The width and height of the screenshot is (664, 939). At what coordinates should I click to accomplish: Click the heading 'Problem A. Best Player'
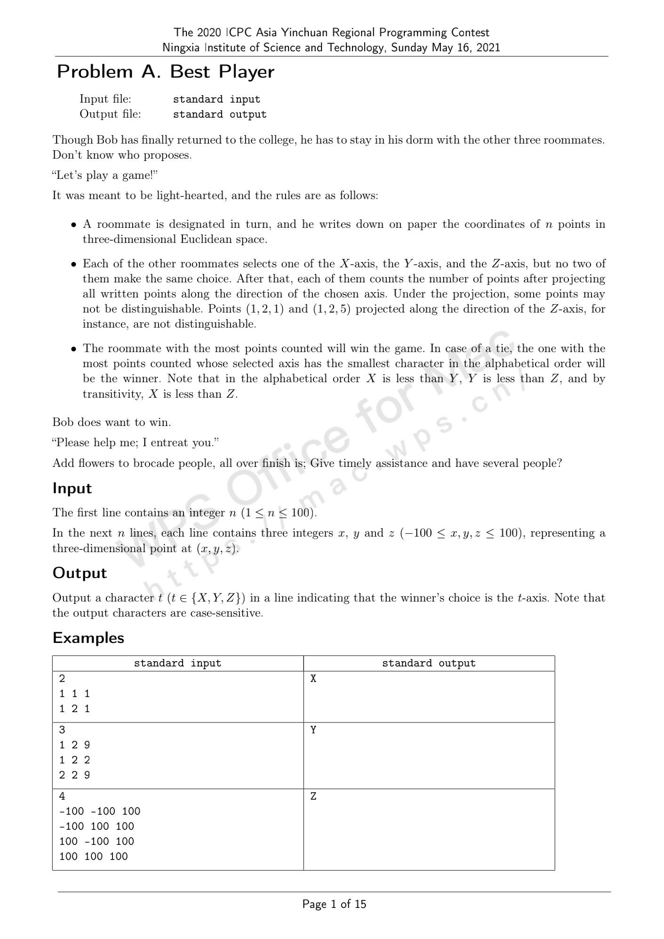tap(165, 72)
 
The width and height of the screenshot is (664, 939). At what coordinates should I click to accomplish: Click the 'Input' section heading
tap(72, 489)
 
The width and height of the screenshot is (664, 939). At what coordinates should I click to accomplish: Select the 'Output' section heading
tap(80, 573)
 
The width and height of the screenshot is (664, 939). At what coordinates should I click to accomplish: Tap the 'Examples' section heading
tap(88, 638)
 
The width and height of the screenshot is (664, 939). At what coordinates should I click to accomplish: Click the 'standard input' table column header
tap(177, 663)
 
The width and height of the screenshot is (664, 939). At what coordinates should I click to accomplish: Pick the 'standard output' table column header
tap(429, 663)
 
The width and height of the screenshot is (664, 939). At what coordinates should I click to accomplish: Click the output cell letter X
tap(313, 679)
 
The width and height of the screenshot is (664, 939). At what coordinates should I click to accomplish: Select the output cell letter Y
tap(313, 730)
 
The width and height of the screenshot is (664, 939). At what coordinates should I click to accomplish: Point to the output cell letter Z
tap(313, 796)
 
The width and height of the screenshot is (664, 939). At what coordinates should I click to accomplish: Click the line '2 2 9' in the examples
tap(74, 775)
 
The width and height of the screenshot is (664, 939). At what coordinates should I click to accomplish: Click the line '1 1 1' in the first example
tap(74, 694)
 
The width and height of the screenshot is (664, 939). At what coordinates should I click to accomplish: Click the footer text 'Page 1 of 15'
tap(334, 904)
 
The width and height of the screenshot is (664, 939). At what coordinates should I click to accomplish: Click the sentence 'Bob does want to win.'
tap(112, 422)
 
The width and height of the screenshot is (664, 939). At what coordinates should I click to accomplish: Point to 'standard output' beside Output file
tap(220, 114)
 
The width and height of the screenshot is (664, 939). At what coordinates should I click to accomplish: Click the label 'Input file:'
tap(105, 99)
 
